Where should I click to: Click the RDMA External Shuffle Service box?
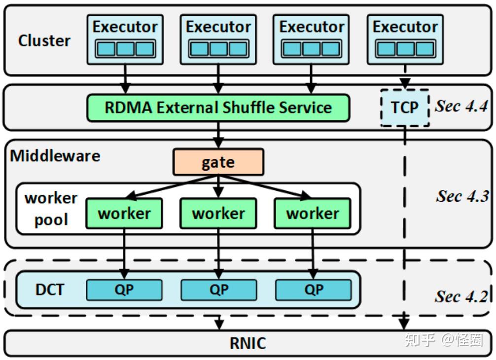click(x=218, y=108)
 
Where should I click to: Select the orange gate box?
click(x=218, y=162)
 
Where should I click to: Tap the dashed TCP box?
click(x=405, y=108)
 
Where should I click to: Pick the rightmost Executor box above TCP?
click(x=405, y=39)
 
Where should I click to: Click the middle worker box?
click(x=218, y=214)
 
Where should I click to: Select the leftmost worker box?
click(x=124, y=214)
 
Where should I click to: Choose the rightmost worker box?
click(x=313, y=214)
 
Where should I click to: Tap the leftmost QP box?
click(x=124, y=290)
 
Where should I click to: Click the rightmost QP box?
click(x=313, y=290)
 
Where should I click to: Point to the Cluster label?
click(x=44, y=40)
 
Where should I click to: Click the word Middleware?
click(x=55, y=156)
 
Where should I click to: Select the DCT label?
click(x=50, y=290)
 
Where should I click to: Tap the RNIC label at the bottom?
click(x=248, y=343)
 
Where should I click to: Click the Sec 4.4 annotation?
click(x=461, y=106)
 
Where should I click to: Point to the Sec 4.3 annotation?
click(x=462, y=196)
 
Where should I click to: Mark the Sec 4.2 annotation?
click(x=461, y=296)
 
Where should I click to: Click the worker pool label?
click(x=51, y=209)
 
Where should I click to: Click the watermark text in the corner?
click(x=444, y=340)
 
